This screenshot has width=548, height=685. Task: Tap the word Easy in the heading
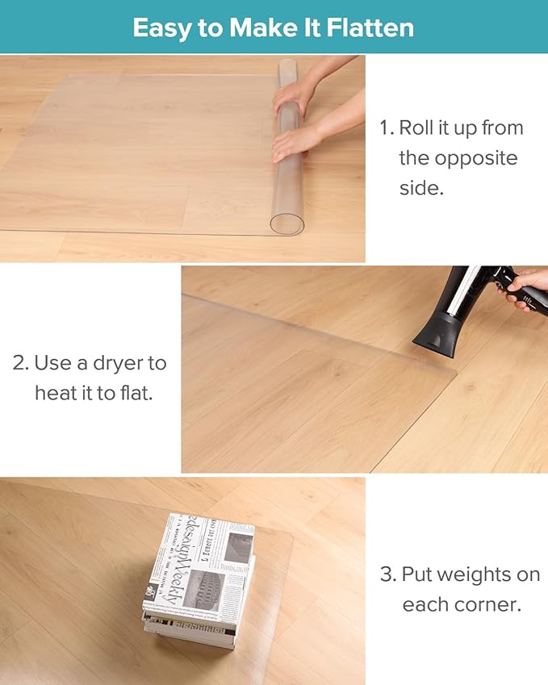(161, 28)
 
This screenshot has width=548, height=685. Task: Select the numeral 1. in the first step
(387, 128)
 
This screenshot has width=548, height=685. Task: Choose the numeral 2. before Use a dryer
(20, 363)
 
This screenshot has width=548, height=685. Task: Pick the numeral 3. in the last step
(388, 575)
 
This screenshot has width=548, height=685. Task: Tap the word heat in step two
(57, 393)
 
